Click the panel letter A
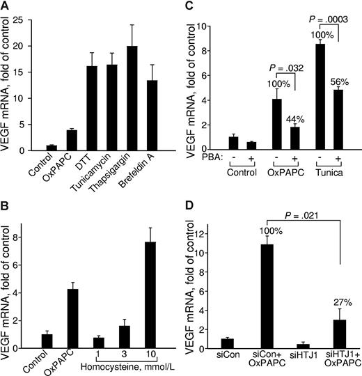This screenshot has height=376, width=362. tap(6, 7)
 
